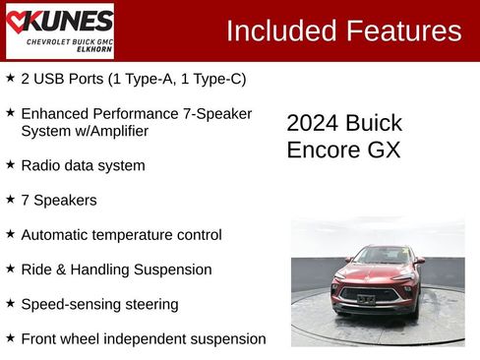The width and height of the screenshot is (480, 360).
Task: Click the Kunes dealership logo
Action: click(59, 30)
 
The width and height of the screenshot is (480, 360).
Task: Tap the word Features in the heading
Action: click(403, 30)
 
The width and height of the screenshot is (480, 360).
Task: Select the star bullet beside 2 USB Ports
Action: click(10, 78)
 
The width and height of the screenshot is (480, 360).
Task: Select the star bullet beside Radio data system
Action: click(10, 164)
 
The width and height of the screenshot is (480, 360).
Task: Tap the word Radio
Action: click(40, 165)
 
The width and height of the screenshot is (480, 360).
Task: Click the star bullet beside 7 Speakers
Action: click(10, 199)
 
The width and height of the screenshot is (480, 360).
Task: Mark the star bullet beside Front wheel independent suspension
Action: click(10, 337)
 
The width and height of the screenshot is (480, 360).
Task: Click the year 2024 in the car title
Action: click(312, 123)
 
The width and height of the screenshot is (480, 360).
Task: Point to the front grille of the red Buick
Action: click(370, 293)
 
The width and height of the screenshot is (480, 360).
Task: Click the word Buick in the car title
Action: click(374, 123)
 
